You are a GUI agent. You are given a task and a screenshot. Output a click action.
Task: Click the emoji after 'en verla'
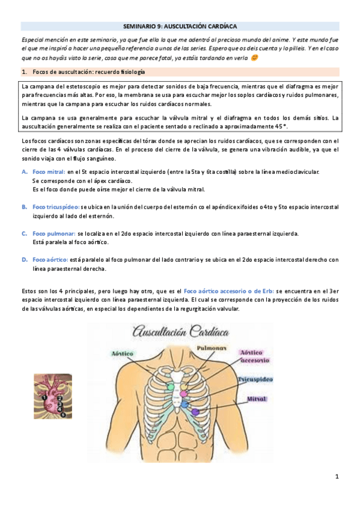pos(255,58)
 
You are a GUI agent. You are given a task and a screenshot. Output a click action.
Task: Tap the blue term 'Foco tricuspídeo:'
pos(55,206)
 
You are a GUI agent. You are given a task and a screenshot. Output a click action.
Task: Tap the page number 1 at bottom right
pos(337,477)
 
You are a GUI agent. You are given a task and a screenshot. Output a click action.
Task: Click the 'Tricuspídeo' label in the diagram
pos(255,380)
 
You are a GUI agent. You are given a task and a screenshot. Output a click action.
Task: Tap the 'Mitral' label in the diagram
pos(256,399)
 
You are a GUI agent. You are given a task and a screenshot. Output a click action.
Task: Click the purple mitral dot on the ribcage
pos(195,412)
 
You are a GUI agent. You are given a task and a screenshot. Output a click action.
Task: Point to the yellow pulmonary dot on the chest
pos(185,387)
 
